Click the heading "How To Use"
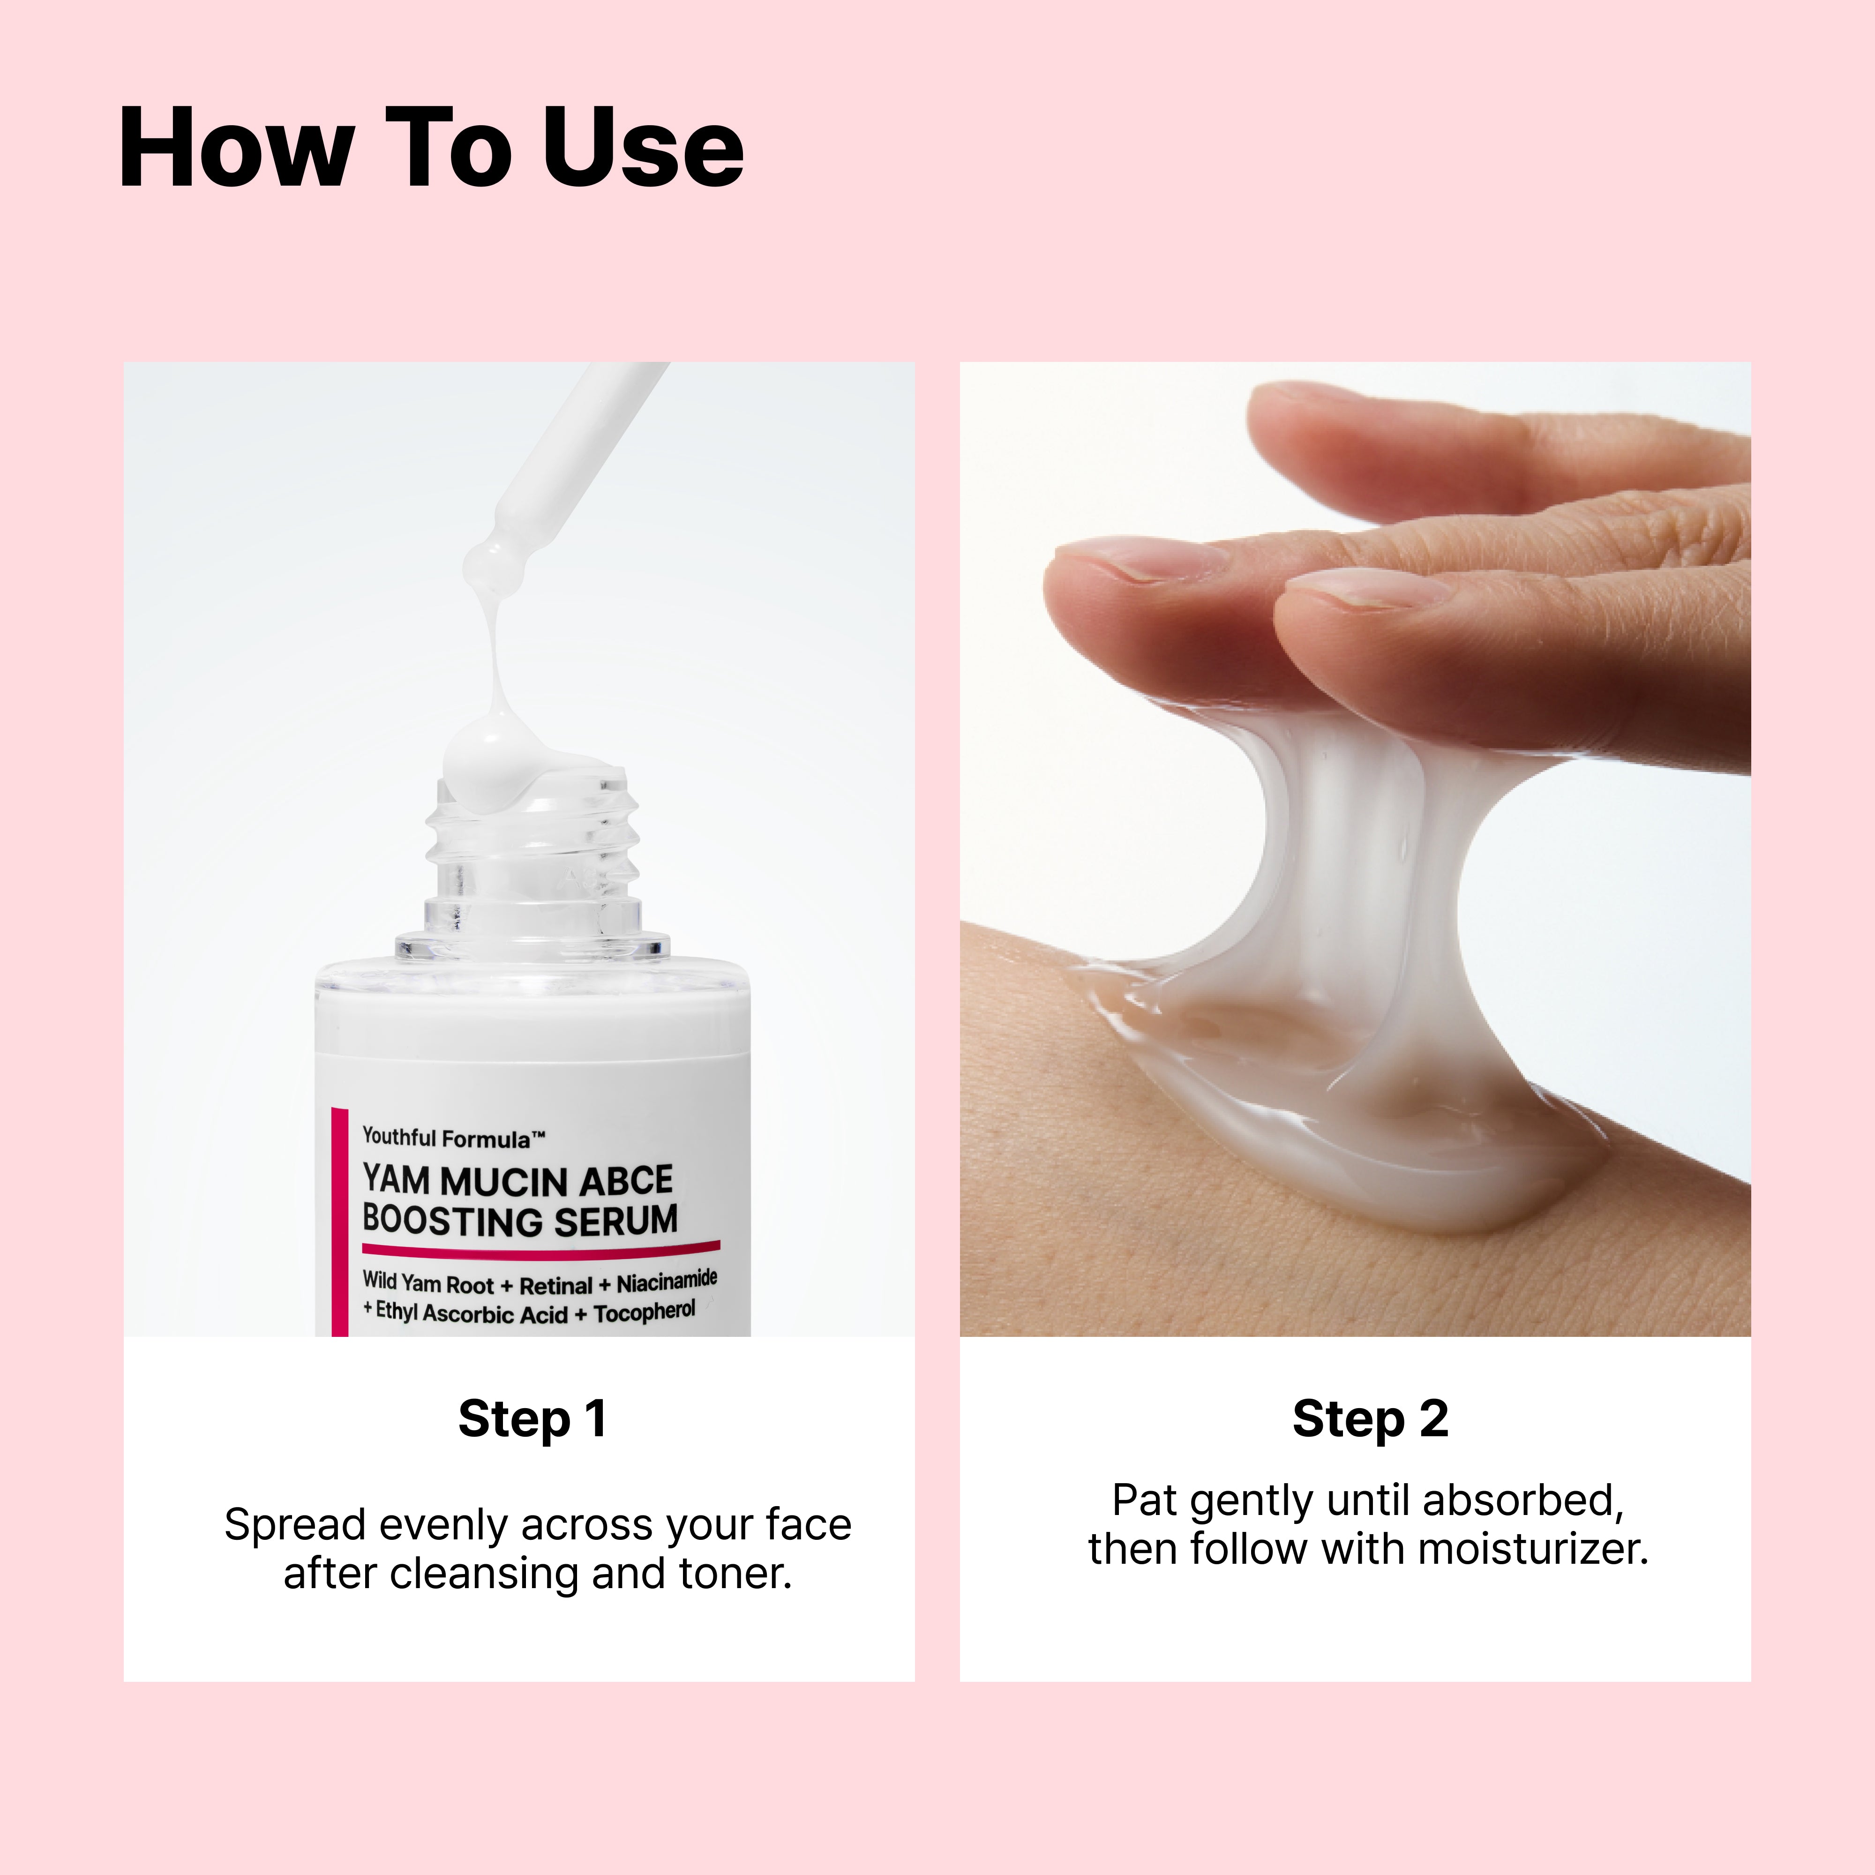[431, 148]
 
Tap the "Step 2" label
[1370, 1419]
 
